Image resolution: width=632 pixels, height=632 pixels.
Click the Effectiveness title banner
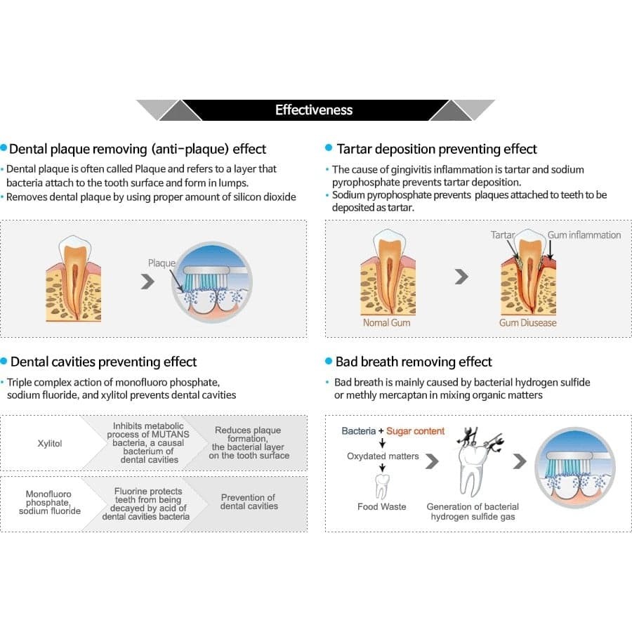(314, 110)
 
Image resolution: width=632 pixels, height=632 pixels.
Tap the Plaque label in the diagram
(161, 263)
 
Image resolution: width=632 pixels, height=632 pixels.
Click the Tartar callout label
(503, 235)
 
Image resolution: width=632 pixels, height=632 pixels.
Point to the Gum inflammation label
(584, 235)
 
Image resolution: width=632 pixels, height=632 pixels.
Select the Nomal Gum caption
(386, 322)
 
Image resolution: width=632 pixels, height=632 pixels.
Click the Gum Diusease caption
(527, 322)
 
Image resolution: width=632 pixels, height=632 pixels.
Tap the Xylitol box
(48, 444)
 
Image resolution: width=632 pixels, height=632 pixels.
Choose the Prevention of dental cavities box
(249, 501)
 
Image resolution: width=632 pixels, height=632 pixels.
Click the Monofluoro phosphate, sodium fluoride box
(48, 502)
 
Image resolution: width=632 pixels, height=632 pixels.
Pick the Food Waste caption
(381, 506)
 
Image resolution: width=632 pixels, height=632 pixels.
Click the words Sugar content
(415, 431)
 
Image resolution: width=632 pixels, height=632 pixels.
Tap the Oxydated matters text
(383, 456)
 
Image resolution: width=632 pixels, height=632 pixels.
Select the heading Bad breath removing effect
(414, 362)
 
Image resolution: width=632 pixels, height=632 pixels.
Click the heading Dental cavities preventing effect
(103, 362)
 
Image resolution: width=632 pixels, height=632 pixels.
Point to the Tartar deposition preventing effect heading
(436, 149)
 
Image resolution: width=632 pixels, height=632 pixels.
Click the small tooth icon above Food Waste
(383, 485)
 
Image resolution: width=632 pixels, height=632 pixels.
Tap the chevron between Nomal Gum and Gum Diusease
(461, 277)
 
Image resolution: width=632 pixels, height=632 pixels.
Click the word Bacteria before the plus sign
(358, 431)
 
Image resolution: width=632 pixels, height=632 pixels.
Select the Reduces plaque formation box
(249, 442)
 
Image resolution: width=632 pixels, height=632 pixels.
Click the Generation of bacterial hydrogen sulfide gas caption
(473, 511)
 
